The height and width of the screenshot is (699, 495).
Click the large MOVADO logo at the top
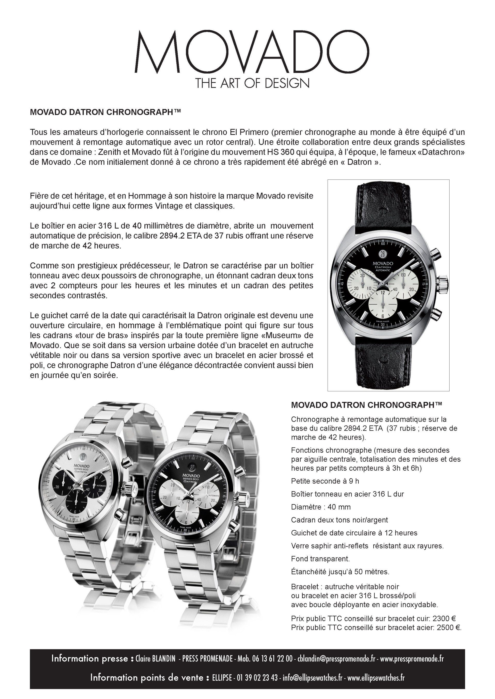point(252,51)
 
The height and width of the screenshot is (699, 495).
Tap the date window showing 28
point(383,253)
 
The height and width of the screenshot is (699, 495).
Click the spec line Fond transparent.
point(320,559)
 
